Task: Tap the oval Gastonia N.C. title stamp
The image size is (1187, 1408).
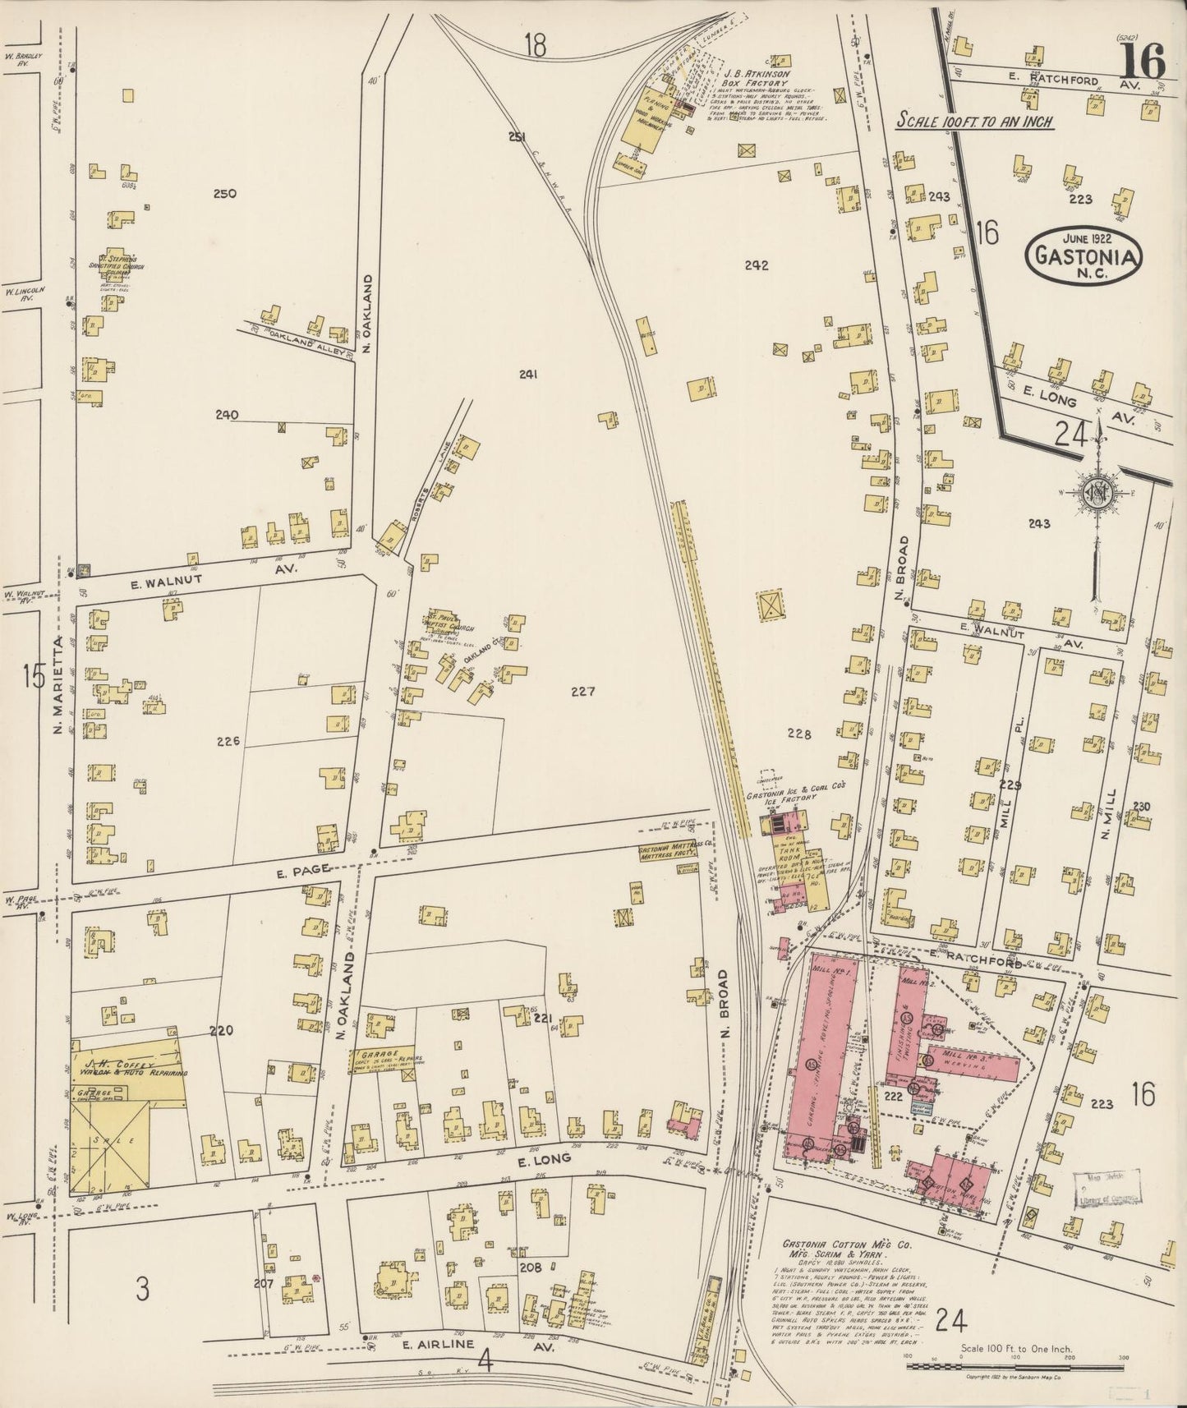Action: point(1083,255)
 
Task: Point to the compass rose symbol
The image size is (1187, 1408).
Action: point(1097,492)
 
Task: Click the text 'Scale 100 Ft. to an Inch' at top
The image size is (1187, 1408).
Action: point(973,121)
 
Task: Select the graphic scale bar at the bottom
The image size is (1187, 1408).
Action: point(1014,1366)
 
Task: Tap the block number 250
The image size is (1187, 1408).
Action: point(224,194)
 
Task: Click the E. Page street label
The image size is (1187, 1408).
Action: point(294,868)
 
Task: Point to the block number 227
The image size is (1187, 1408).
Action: point(582,692)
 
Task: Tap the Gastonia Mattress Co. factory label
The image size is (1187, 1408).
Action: point(667,853)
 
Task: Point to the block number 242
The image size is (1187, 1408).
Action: point(756,265)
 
